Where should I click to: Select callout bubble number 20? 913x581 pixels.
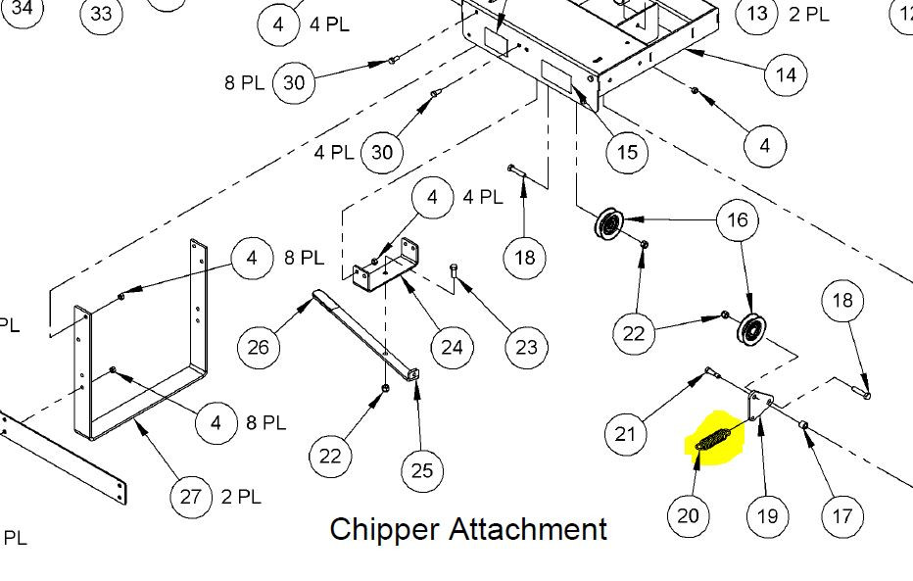(688, 514)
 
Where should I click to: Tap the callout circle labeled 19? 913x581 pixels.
(767, 514)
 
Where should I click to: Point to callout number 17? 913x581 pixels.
(841, 514)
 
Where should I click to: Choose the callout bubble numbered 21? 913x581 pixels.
(626, 431)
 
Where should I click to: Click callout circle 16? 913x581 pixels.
(738, 219)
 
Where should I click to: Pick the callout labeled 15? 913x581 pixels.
(627, 152)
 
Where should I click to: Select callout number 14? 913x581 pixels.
(785, 73)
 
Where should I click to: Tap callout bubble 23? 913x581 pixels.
(526, 346)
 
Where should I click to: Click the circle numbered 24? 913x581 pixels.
(452, 346)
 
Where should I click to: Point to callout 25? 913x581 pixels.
(421, 471)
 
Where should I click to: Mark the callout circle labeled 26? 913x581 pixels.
(259, 346)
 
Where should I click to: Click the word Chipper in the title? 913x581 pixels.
(384, 529)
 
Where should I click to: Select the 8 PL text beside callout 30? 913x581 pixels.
(244, 83)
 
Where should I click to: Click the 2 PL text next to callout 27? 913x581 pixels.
(241, 497)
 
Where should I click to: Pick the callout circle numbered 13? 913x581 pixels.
(756, 14)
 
